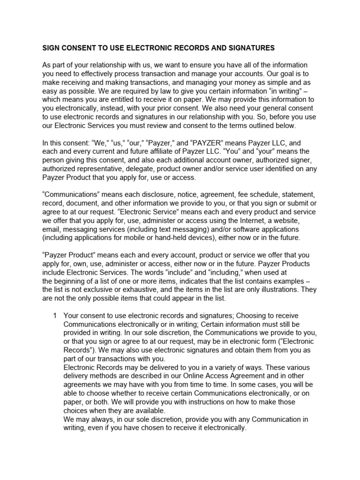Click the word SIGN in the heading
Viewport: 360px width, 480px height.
[x=51, y=48]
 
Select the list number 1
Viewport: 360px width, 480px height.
[x=55, y=315]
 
